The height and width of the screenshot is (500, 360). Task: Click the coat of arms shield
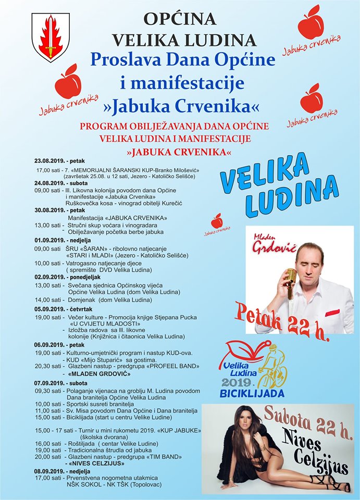[x=51, y=36]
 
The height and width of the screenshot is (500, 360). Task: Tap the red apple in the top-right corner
[x=311, y=23]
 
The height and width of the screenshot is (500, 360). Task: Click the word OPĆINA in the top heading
[x=180, y=18]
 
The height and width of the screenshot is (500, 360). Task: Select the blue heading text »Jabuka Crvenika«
[x=182, y=106]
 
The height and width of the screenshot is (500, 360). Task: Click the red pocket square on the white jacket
[x=332, y=312]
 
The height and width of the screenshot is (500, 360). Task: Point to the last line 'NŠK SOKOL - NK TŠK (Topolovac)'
[x=114, y=484]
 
